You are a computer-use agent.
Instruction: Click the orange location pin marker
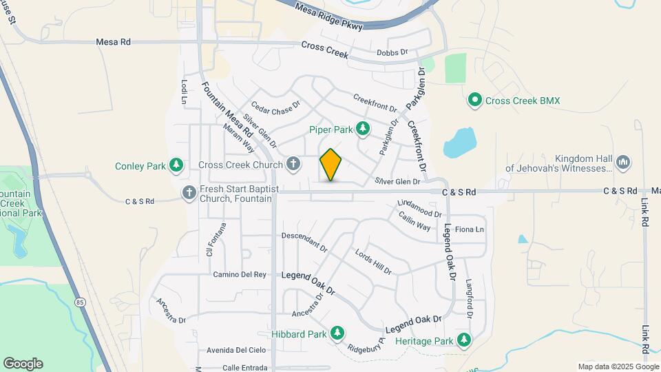(330, 165)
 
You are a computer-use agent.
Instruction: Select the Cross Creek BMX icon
(474, 101)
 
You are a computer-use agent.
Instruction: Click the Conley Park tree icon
(177, 165)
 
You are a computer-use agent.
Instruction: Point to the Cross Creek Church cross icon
(293, 164)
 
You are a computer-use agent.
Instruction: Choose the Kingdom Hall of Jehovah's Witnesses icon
(623, 163)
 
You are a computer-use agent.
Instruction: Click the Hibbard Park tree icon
(337, 334)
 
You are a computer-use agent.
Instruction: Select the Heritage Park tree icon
(464, 340)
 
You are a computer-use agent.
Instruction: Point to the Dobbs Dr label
(392, 52)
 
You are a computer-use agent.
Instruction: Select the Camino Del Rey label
(239, 274)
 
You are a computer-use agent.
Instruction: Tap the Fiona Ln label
(470, 229)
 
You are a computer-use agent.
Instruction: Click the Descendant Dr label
(304, 239)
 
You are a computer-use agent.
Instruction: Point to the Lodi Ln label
(185, 92)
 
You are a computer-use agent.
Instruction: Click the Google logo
(23, 364)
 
